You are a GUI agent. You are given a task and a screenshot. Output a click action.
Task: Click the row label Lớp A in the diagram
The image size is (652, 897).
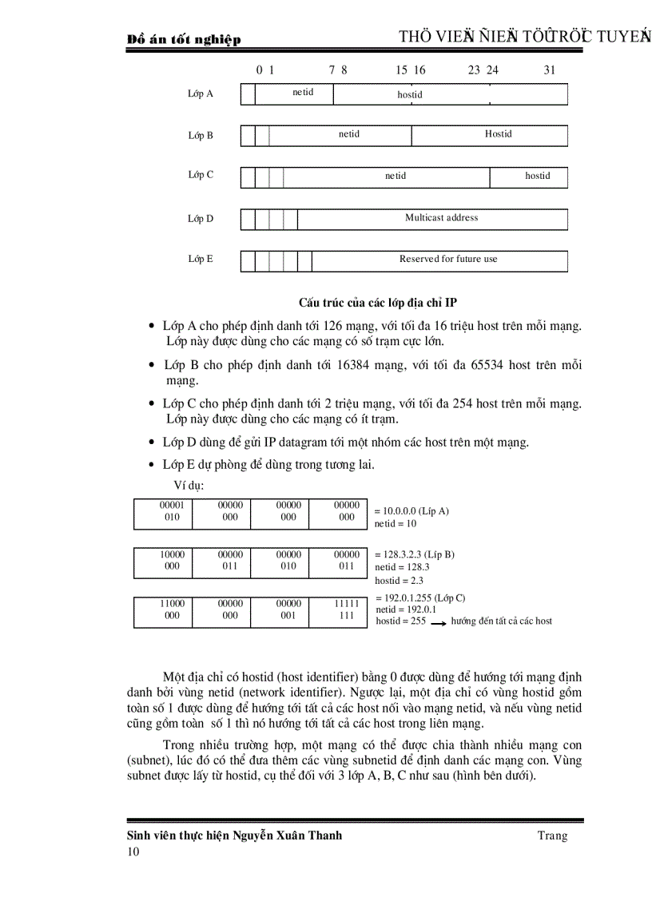pyautogui.click(x=200, y=93)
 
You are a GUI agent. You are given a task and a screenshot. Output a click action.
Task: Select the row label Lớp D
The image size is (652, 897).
pyautogui.click(x=201, y=219)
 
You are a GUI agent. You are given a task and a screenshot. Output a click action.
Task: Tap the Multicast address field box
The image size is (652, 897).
pyautogui.click(x=441, y=218)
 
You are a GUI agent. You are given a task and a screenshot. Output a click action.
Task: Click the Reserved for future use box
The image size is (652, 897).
pyautogui.click(x=447, y=260)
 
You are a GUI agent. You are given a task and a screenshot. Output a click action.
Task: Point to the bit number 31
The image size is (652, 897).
pyautogui.click(x=550, y=70)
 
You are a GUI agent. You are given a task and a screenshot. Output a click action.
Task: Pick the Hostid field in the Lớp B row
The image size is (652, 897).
pyautogui.click(x=498, y=134)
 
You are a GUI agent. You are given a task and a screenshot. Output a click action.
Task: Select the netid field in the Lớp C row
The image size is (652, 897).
pyautogui.click(x=395, y=177)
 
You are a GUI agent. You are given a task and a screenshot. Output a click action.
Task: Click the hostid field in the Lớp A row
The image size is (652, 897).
pyautogui.click(x=410, y=94)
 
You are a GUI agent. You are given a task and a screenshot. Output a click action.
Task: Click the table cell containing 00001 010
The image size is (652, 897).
pyautogui.click(x=172, y=511)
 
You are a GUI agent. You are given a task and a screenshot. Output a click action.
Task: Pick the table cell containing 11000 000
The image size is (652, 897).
pyautogui.click(x=172, y=610)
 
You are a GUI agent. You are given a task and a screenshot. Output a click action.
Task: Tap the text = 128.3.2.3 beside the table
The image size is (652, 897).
pyautogui.click(x=397, y=554)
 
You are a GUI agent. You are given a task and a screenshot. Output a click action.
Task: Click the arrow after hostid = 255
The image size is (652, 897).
pyautogui.click(x=438, y=622)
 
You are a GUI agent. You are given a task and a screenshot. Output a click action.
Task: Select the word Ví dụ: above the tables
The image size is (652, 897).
pyautogui.click(x=189, y=486)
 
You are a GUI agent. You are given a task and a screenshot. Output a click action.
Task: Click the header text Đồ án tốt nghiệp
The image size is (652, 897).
pyautogui.click(x=185, y=40)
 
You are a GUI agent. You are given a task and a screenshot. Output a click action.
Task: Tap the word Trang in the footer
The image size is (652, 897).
pyautogui.click(x=552, y=835)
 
